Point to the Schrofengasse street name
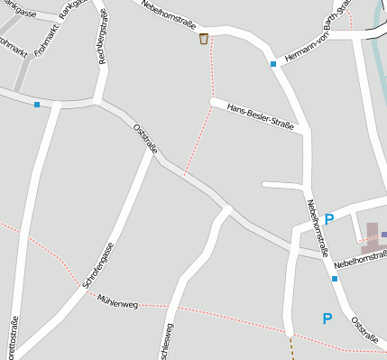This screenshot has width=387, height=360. point(98,265)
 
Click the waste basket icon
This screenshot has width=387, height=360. point(204,39)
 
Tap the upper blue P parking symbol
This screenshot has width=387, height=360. point(329,219)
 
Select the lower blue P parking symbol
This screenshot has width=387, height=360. point(327,318)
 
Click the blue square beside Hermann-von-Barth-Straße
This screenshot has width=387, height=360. point(272,64)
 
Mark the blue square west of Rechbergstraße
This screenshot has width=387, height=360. point(37,106)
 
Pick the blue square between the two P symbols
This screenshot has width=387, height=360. point(334,279)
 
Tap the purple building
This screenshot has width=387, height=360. point(373,236)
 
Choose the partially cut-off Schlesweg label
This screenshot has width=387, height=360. point(167,343)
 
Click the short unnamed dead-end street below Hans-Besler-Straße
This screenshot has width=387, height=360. point(282,186)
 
